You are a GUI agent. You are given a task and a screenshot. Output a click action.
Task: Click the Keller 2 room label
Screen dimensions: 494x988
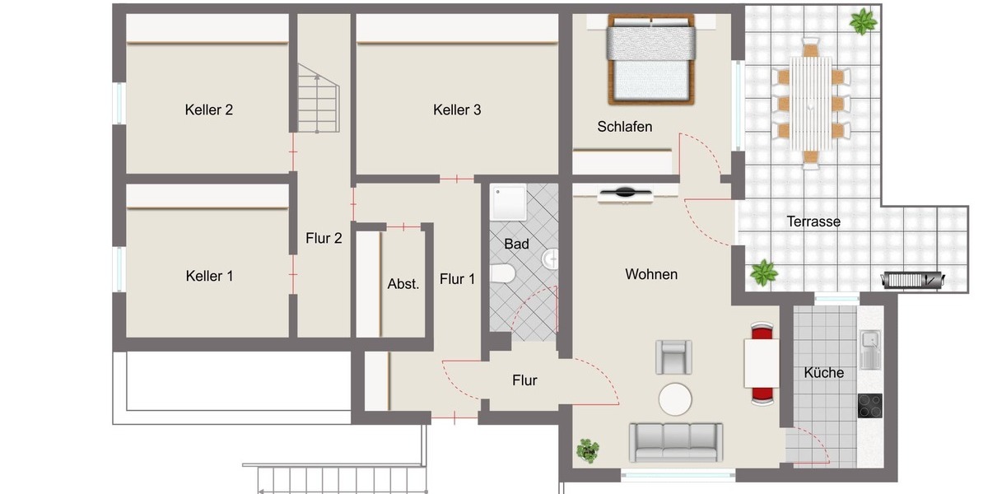coord(209,110)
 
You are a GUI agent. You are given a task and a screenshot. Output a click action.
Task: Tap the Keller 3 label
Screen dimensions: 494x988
coord(457,110)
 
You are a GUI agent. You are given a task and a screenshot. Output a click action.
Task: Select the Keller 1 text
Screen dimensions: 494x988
coord(209,276)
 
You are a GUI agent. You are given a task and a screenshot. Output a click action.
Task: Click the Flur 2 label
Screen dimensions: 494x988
coord(324,239)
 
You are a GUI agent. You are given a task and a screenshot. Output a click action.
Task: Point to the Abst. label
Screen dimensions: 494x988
coord(403,284)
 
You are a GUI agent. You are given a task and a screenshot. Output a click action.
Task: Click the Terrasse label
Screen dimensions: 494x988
coord(813,221)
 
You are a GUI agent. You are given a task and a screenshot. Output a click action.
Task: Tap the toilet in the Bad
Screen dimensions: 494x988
coord(502,273)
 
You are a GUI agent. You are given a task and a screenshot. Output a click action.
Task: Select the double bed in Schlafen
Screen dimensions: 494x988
coord(651,62)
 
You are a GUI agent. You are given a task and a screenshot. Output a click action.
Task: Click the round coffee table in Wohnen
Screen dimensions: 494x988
coord(676,400)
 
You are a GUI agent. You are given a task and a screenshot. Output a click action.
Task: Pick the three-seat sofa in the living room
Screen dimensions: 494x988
coord(676,442)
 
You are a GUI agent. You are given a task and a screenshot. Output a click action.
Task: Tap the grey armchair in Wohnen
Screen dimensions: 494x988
coord(674,357)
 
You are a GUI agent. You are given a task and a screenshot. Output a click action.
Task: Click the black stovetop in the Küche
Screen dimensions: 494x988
coord(869,406)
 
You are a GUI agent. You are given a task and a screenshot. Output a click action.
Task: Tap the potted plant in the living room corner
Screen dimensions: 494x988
coord(588,450)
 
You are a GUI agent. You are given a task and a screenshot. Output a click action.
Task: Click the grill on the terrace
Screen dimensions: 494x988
coord(912,279)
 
